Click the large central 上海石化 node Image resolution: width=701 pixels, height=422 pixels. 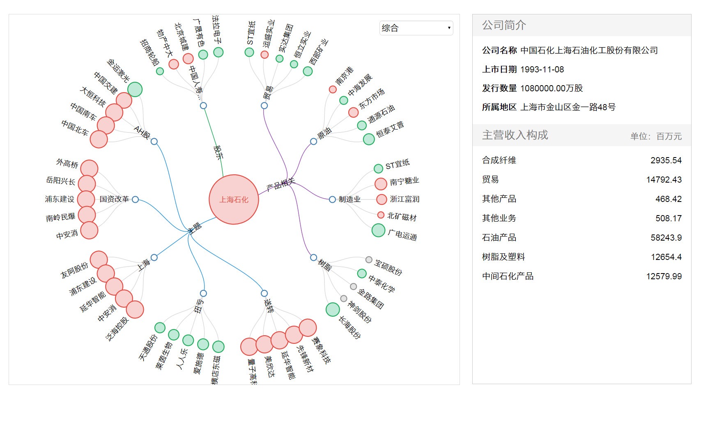234,199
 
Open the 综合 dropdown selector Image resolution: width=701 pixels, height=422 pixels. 416,28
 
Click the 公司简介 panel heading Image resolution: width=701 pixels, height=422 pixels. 504,25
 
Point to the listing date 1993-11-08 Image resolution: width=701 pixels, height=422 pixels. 542,70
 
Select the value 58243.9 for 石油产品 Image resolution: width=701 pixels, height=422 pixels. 666,238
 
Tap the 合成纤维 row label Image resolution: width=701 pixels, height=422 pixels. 499,160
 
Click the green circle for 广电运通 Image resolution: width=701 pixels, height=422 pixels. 378,230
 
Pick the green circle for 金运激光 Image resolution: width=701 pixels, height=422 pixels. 135,89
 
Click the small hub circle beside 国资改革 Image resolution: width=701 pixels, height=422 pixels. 135,199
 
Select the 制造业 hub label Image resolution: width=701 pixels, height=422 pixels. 349,199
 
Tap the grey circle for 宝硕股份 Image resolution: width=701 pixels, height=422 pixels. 369,260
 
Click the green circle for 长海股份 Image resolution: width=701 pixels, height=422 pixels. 333,309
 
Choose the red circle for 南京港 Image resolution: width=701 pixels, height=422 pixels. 333,89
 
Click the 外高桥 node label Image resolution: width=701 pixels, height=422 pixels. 67,164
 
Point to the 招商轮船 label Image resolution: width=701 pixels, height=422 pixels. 149,53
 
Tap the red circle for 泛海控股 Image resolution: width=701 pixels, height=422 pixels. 135,310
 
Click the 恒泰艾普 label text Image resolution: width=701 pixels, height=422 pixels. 390,129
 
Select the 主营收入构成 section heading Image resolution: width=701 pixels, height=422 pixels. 515,135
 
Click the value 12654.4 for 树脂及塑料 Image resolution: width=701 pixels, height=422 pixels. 666,257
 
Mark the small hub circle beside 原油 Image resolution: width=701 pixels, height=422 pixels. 313,141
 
